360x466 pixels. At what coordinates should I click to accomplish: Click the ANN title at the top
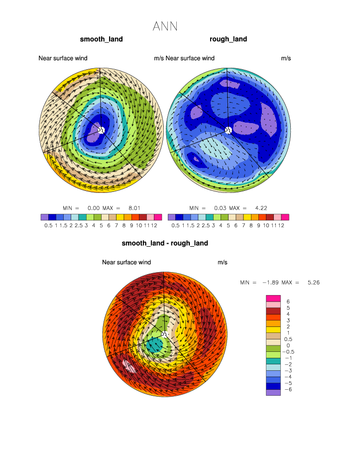pyautogui.click(x=165, y=26)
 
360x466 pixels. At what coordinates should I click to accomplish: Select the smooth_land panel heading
pyautogui.click(x=102, y=39)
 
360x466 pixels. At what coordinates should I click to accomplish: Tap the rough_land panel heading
pyautogui.click(x=228, y=39)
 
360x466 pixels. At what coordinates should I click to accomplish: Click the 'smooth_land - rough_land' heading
pyautogui.click(x=165, y=244)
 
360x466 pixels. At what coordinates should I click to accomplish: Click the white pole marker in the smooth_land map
pyautogui.click(x=101, y=130)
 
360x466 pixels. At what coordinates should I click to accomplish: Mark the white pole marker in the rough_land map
pyautogui.click(x=228, y=130)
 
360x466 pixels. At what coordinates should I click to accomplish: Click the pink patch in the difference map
pyautogui.click(x=129, y=365)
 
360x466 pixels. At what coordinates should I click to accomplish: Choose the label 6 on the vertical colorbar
pyautogui.click(x=288, y=302)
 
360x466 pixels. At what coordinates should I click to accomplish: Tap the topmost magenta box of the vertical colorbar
pyautogui.click(x=273, y=298)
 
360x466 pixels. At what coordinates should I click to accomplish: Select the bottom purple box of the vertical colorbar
pyautogui.click(x=273, y=392)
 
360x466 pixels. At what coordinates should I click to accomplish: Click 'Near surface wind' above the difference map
pyautogui.click(x=126, y=262)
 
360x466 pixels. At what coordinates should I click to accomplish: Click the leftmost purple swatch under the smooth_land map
pyautogui.click(x=45, y=217)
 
